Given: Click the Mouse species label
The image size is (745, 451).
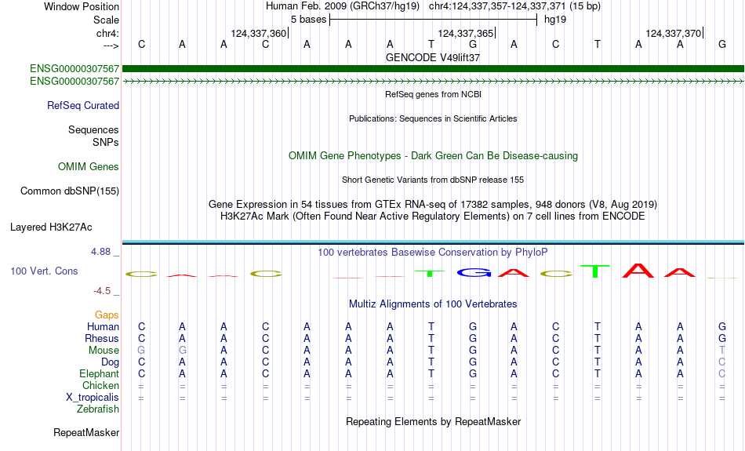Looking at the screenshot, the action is coord(104,351).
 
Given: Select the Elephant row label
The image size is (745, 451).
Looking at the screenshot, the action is coord(99,374).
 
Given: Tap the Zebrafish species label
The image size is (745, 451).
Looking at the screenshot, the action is coord(98,409).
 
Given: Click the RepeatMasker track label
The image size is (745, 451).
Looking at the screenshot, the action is coord(86,432).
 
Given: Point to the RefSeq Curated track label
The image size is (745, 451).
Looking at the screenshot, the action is coord(83,106).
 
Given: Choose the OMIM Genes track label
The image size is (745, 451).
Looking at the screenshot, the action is coord(89,167).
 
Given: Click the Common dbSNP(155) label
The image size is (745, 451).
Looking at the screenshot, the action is coord(70,191).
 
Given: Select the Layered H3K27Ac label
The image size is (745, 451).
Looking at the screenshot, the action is coord(51,227).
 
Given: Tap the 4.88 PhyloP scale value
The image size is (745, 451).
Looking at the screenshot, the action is coord(100,252).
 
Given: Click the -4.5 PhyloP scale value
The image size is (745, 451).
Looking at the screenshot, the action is coord(102,291).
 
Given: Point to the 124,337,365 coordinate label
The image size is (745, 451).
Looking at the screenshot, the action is coord(466,33).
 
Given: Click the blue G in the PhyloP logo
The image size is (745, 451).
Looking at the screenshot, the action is coord(473,272).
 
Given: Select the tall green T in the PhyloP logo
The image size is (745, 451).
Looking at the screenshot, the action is coord(595,271).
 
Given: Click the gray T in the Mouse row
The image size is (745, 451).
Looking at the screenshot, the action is coord(722,351).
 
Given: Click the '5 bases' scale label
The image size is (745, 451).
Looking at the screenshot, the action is coord(309,20).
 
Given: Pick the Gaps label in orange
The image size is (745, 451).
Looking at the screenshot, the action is coord(107,315).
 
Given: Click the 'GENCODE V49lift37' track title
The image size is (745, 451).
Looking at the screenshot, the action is coord(433,57).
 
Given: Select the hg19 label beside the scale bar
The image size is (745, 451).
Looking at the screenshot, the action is coord(555,20).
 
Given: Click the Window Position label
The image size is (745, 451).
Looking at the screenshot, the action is coord(82,6).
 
